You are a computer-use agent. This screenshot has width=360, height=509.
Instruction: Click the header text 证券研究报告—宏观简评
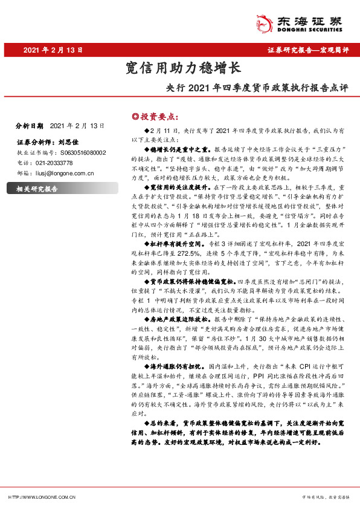click(x=308, y=51)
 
